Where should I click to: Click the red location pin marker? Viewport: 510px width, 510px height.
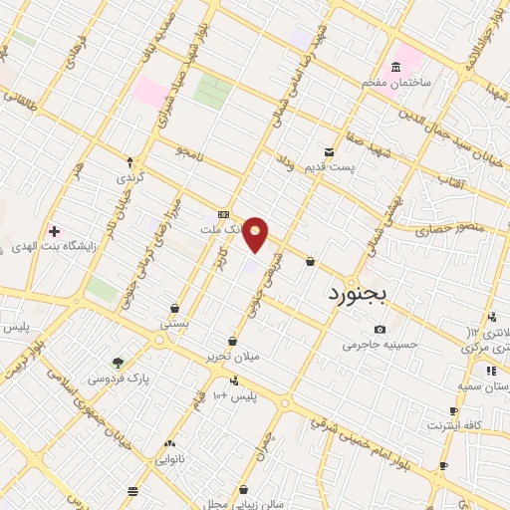coord(257,233)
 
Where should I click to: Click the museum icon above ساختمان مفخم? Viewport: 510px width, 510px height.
coord(396,67)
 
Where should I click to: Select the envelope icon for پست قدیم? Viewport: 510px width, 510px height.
coord(329,152)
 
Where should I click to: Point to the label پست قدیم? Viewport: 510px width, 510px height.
coord(359,167)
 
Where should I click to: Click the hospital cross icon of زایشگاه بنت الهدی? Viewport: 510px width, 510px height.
coord(54,231)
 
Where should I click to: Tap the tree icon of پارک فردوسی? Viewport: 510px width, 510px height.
coord(119,363)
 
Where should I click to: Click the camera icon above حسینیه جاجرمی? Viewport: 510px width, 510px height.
coord(380,330)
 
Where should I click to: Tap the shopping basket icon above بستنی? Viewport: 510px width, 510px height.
coord(175,309)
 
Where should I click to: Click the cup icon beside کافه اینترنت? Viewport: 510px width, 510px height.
coord(453,410)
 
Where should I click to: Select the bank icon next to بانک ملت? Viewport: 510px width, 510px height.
coord(223,214)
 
